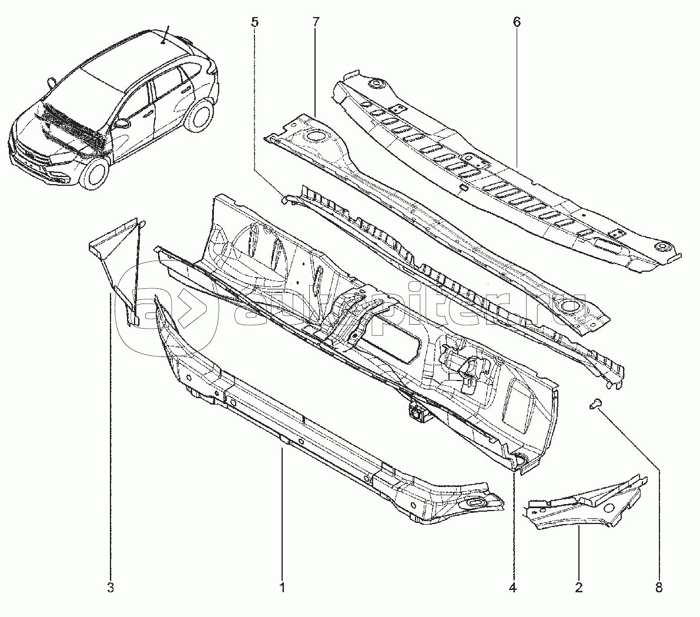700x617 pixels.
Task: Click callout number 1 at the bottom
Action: tap(282, 588)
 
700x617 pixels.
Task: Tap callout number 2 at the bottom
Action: tap(578, 588)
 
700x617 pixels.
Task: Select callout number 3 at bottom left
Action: tap(110, 588)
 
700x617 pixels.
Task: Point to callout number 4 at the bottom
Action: tap(513, 588)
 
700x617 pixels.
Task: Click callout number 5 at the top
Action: tap(254, 22)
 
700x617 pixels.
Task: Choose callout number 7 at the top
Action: tap(316, 22)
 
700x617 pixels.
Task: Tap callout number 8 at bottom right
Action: tap(659, 588)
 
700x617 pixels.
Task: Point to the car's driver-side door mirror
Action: tap(122, 123)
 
